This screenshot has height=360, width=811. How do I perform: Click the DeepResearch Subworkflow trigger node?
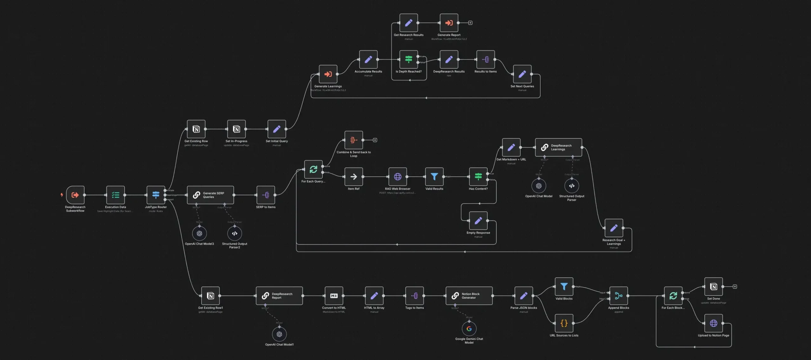75,195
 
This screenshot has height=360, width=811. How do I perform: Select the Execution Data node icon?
115,195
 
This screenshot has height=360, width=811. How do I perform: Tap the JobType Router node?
155,195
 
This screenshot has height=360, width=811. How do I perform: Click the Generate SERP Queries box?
210,195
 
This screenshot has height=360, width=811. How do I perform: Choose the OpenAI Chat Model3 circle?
199,233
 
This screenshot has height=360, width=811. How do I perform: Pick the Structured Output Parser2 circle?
234,233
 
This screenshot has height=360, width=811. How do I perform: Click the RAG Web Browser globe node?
398,177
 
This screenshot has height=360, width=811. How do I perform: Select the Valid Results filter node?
434,177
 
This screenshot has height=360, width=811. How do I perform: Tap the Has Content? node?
478,177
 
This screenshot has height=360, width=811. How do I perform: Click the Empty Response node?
478,220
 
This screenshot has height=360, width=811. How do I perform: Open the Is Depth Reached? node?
408,59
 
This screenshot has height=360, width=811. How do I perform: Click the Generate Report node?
449,23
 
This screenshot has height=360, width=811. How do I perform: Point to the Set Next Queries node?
522,74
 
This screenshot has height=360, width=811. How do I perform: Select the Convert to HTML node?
334,296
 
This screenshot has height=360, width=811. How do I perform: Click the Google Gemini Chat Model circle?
469,329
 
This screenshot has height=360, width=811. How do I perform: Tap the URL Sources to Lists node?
564,323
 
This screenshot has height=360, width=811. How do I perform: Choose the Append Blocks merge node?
618,296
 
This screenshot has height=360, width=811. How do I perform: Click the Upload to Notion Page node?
713,323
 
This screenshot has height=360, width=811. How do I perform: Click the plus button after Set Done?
735,287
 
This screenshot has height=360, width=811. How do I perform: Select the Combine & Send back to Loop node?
353,140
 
